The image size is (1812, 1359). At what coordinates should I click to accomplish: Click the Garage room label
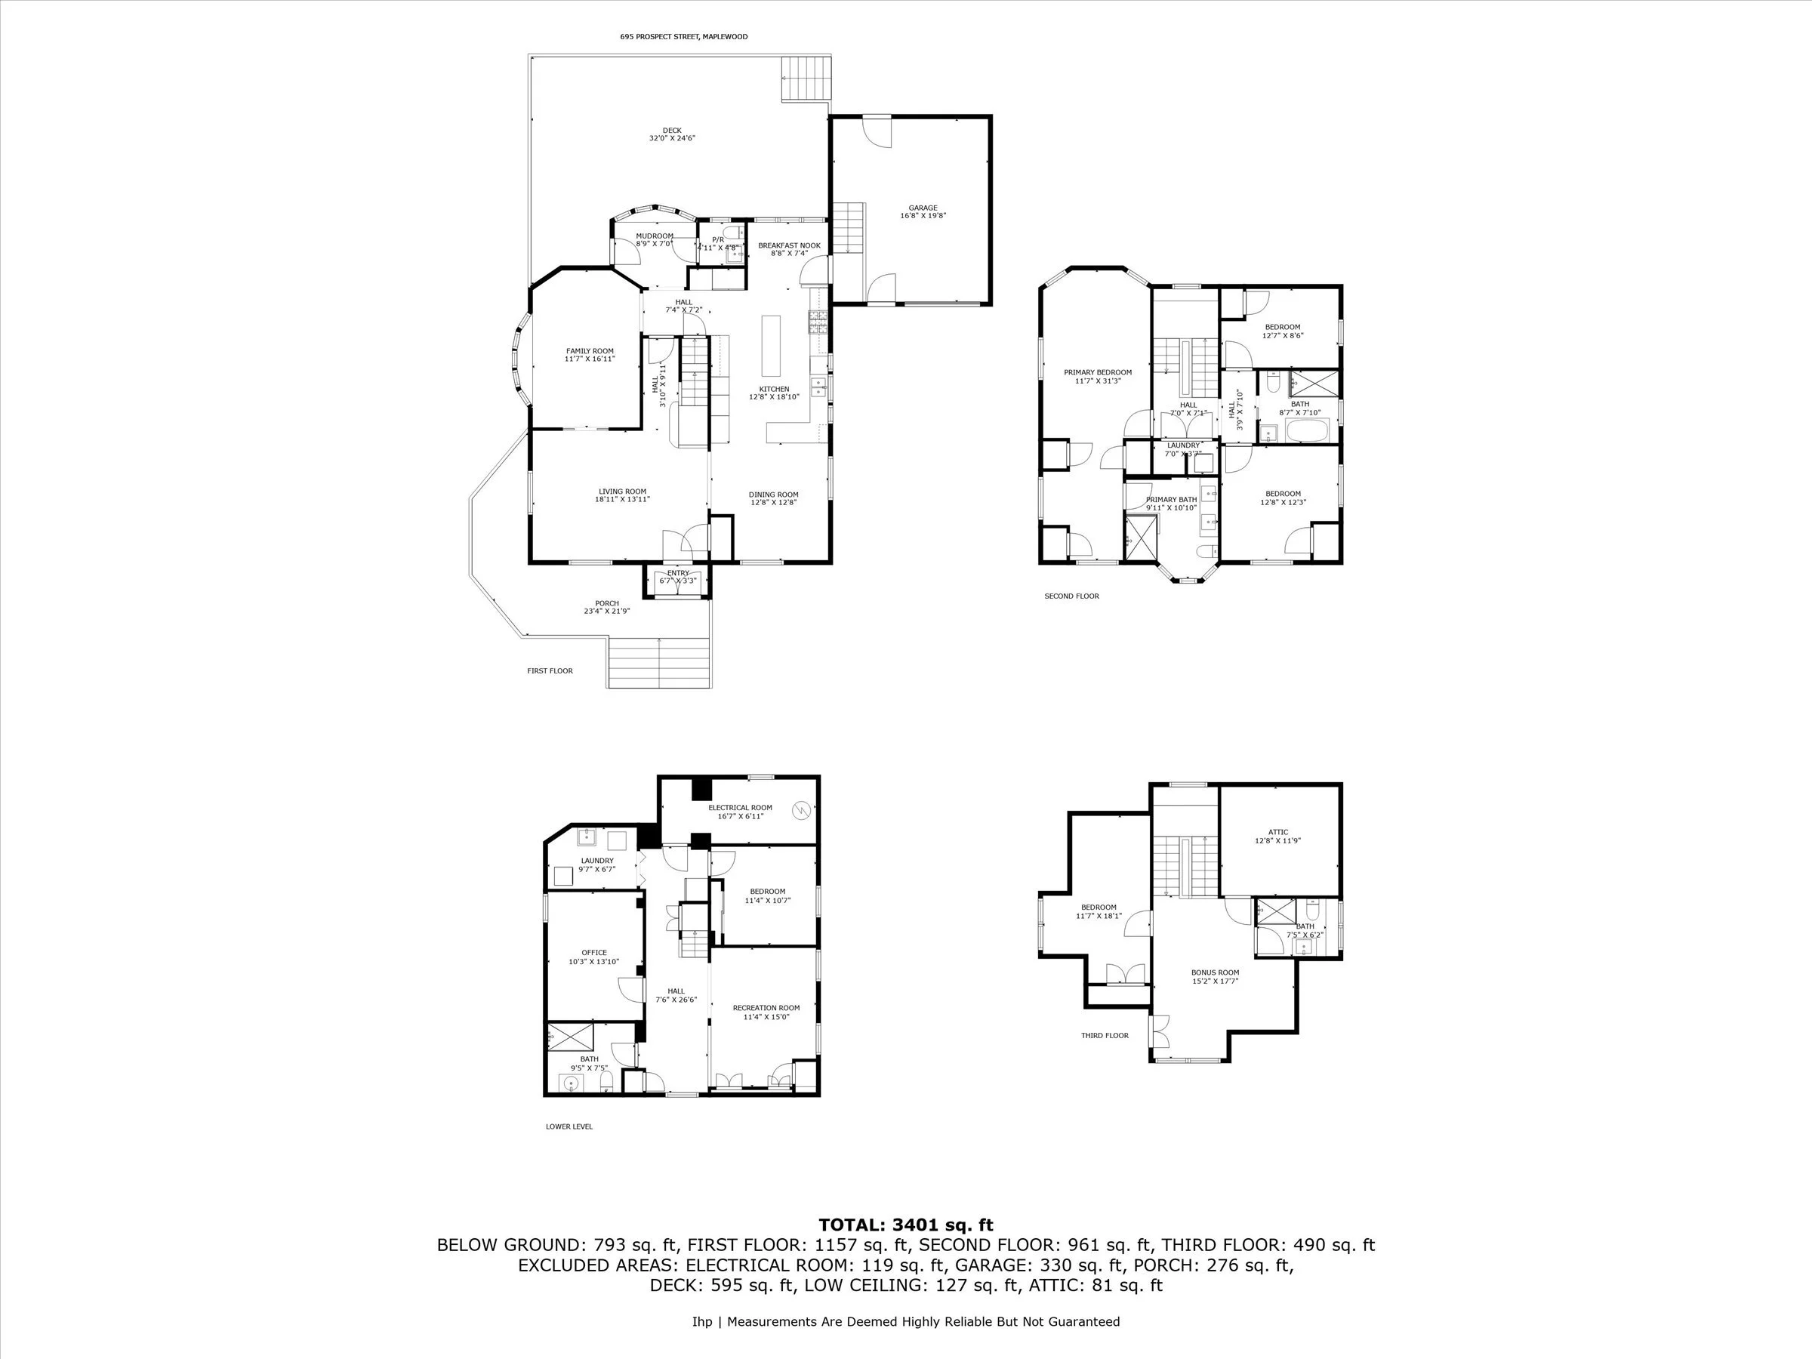(923, 211)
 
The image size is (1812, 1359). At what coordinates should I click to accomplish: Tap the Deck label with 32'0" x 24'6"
(672, 134)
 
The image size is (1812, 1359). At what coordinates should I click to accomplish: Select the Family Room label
(589, 355)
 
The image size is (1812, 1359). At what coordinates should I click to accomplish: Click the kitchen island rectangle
(770, 346)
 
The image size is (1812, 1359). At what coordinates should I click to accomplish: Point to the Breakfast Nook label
(789, 249)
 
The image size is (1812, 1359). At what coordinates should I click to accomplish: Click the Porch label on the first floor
(606, 607)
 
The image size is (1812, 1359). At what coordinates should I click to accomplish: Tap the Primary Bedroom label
(1098, 376)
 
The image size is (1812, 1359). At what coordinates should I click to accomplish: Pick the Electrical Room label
(740, 812)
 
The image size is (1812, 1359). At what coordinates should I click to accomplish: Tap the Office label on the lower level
(594, 957)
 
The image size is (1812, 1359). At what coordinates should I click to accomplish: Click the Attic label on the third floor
(1278, 836)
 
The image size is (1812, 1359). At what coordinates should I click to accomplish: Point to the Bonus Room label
(1215, 975)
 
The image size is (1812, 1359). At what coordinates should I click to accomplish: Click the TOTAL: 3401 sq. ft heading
(905, 1225)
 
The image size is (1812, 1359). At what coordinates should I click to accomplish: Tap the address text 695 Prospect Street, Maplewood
(683, 37)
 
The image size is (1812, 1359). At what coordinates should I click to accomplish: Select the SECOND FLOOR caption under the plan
(1071, 596)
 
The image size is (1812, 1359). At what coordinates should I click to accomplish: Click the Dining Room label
(773, 498)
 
